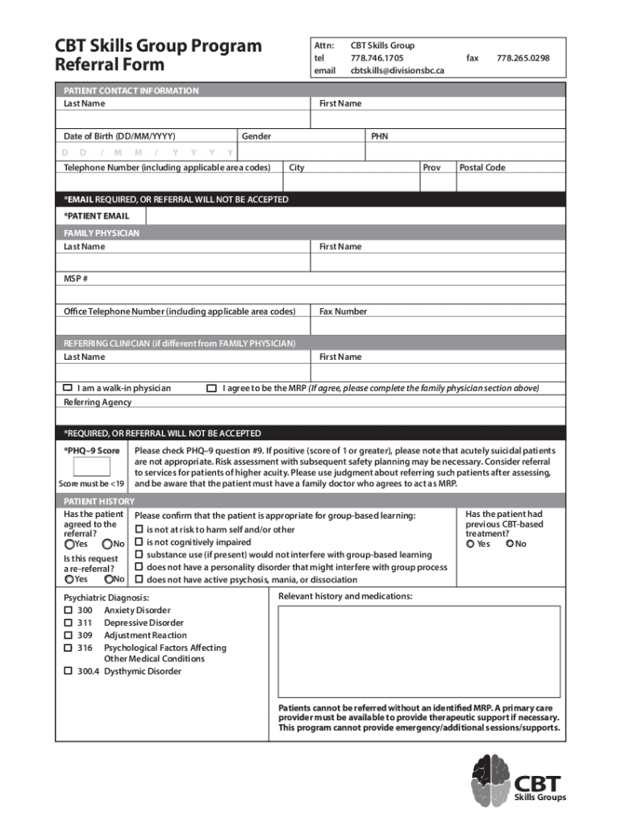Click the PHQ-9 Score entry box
click(91, 467)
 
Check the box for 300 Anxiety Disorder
click(68, 611)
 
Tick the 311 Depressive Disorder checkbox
click(68, 623)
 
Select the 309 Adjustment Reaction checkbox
click(68, 635)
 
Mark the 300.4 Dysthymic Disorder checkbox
click(68, 671)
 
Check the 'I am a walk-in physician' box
click(69, 388)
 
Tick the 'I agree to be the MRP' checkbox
click(211, 388)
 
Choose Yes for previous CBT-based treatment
click(470, 544)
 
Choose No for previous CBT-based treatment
click(509, 544)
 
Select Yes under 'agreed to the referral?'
click(69, 544)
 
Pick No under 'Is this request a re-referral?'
click(108, 579)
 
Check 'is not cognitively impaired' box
click(139, 542)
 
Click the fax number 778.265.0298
click(523, 58)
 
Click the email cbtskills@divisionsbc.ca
click(397, 70)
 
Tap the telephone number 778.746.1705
click(377, 58)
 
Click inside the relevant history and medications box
click(419, 650)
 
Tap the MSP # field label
click(76, 279)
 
